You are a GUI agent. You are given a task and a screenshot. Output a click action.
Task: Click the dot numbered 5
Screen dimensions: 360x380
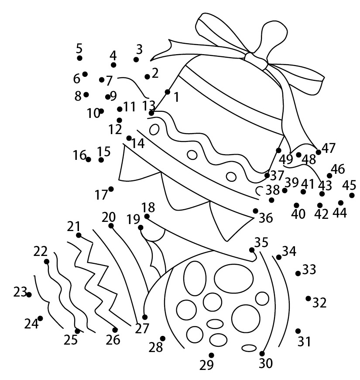[80, 58]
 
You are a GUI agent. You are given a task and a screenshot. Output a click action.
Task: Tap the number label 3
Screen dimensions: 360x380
[139, 49]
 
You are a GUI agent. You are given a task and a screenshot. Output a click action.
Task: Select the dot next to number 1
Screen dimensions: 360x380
[168, 92]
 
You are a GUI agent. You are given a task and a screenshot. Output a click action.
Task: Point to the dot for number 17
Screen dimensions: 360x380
[111, 189]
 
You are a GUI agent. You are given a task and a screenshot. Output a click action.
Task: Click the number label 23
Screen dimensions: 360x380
[20, 292]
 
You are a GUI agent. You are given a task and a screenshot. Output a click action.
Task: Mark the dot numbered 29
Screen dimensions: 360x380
[211, 355]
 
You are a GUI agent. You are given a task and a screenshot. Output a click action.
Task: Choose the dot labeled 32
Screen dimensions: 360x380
[308, 298]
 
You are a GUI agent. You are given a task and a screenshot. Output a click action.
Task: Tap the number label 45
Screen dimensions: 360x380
[349, 185]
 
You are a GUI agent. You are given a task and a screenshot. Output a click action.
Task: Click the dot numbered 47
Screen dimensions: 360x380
[319, 152]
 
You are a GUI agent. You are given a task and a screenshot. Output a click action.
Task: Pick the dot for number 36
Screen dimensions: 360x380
[255, 211]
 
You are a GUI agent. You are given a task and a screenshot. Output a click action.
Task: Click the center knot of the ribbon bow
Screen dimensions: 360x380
[256, 60]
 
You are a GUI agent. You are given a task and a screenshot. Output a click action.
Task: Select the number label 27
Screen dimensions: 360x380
[142, 328]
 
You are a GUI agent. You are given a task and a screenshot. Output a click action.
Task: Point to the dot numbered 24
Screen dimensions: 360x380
[40, 318]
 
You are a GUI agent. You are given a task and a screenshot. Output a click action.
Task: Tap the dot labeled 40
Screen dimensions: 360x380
[297, 205]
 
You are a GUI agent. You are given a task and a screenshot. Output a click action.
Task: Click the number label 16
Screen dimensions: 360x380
[80, 155]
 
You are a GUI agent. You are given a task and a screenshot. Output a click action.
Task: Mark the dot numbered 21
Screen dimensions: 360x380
[79, 235]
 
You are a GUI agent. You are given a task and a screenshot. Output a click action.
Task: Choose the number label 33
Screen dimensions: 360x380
[309, 269]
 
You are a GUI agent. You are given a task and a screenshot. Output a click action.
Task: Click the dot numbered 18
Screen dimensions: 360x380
[147, 216]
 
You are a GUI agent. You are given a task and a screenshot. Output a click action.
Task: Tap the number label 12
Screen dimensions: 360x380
[115, 129]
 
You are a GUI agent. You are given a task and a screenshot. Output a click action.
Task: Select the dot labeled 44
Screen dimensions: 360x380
[341, 203]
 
